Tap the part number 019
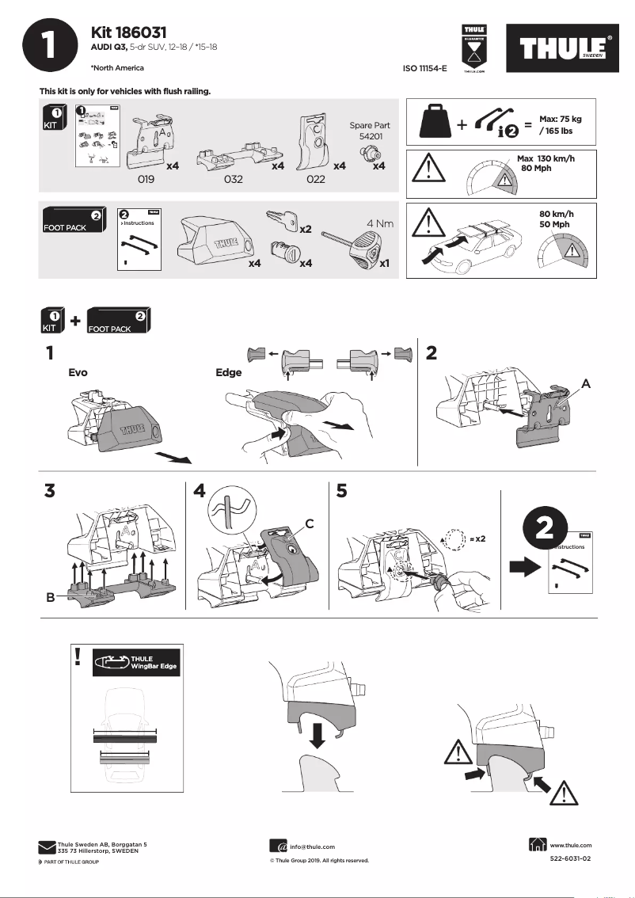146,180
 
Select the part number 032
233,180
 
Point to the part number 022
315,180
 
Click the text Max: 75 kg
560,118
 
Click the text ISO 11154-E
424,69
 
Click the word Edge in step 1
229,371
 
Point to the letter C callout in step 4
310,523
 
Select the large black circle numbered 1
50,47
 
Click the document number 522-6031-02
570,859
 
